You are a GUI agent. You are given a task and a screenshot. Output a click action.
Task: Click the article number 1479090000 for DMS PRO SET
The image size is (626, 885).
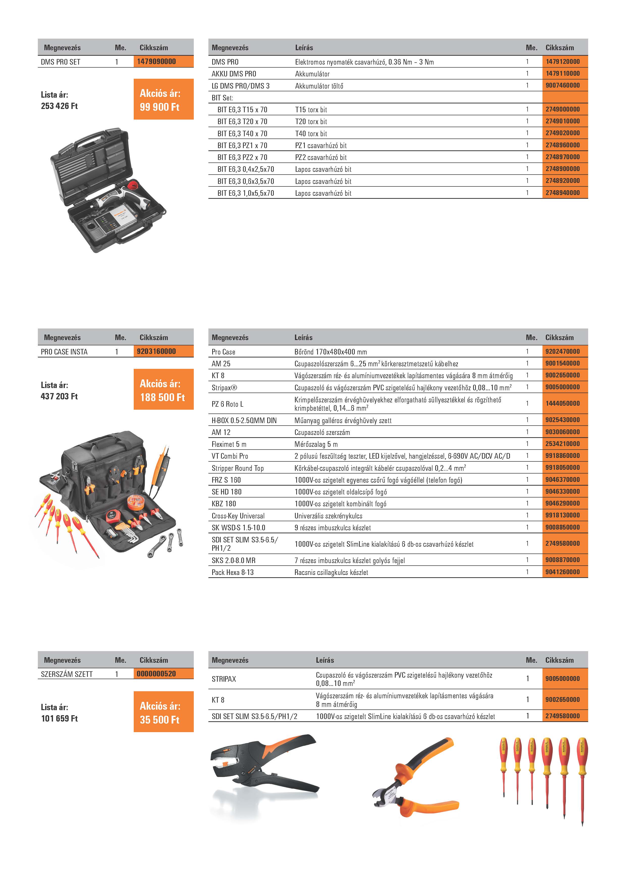click(156, 61)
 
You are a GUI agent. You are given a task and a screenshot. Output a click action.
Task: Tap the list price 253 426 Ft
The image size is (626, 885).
click(59, 106)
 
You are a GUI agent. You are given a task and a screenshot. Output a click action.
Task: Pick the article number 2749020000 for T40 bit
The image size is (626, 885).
click(562, 133)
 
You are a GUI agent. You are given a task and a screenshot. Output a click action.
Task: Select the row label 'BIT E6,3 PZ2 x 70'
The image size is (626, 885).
click(242, 157)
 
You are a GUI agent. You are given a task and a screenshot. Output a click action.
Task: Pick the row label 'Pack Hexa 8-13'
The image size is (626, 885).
click(232, 572)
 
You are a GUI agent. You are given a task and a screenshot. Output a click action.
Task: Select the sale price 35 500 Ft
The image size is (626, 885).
click(159, 720)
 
